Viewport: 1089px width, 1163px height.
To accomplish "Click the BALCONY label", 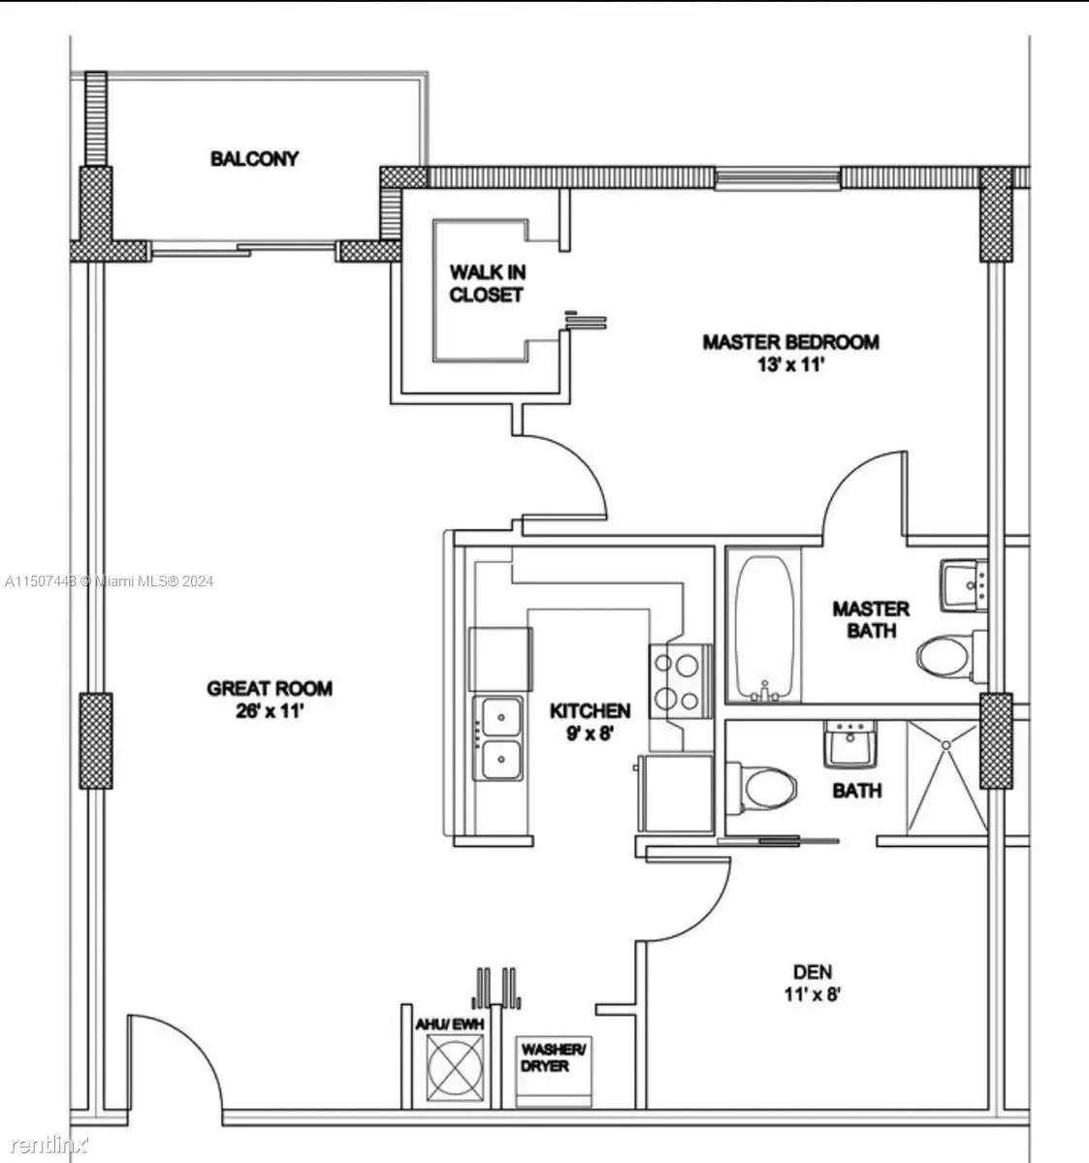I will pos(254,158).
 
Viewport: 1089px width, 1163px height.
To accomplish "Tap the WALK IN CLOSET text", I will pos(486,283).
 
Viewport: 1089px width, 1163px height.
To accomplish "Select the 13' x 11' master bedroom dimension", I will pos(790,366).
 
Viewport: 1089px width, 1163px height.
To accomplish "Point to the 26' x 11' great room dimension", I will pos(270,709).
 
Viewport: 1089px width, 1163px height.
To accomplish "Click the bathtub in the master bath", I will pos(766,627).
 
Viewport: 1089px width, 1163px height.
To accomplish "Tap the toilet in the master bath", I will pos(946,657).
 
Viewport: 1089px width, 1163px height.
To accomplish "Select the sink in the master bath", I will pos(962,586).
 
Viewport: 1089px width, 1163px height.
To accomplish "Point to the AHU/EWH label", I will pos(449,1023).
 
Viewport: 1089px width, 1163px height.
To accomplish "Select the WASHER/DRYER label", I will pos(554,1057).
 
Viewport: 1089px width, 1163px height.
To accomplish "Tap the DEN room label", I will pos(812,972).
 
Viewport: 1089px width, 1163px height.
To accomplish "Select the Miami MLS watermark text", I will pos(109,581).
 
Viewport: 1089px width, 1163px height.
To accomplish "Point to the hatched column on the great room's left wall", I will pos(94,741).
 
